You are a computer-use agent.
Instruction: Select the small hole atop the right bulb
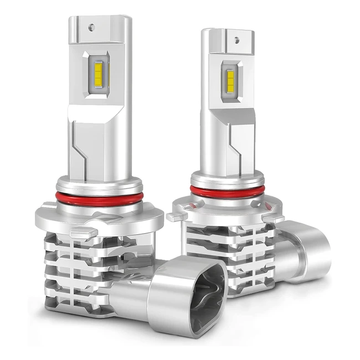[x=237, y=40]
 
